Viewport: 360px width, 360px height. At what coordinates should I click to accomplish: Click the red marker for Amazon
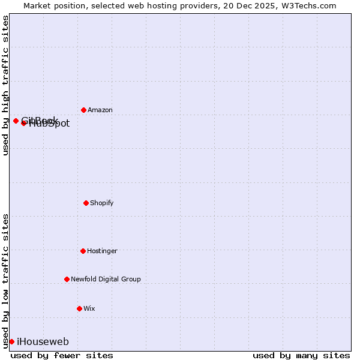click(x=83, y=110)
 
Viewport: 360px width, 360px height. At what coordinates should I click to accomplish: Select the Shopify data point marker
click(x=86, y=203)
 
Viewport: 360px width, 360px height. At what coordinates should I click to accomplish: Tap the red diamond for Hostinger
click(x=83, y=251)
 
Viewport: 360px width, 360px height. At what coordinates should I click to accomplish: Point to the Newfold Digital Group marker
click(x=67, y=279)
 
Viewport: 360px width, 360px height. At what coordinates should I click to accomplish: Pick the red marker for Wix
click(x=79, y=308)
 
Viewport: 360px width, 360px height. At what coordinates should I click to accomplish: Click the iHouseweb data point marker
click(x=11, y=341)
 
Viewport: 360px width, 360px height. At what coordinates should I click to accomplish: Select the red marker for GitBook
click(x=16, y=121)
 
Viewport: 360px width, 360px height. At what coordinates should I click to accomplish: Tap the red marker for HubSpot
click(x=23, y=123)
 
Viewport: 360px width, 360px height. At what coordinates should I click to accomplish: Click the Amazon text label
click(x=100, y=110)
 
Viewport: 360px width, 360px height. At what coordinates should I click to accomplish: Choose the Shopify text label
click(x=102, y=203)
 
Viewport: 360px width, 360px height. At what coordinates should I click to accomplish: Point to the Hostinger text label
click(x=102, y=251)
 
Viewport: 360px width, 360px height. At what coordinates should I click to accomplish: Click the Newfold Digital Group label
click(x=106, y=280)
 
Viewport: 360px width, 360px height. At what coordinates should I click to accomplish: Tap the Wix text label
click(x=89, y=309)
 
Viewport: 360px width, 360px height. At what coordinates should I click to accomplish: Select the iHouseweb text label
click(x=43, y=342)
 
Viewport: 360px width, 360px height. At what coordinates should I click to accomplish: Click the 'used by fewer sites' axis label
click(x=62, y=356)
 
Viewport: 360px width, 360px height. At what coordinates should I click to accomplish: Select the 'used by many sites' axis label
click(x=301, y=356)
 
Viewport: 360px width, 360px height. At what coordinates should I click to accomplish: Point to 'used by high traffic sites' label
click(x=5, y=85)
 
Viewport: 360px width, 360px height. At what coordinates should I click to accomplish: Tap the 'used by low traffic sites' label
click(x=5, y=281)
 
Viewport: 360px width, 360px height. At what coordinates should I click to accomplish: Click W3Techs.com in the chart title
click(x=311, y=5)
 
